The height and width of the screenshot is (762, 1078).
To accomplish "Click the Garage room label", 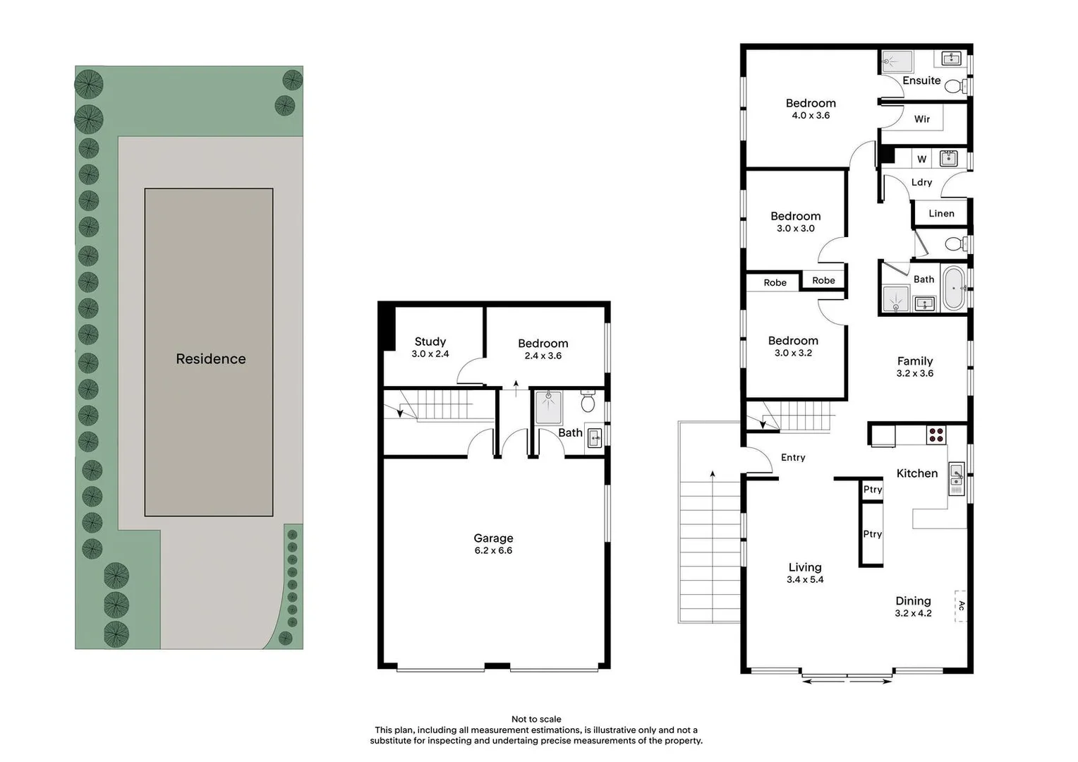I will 493,538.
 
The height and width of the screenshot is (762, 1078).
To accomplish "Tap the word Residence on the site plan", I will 211,359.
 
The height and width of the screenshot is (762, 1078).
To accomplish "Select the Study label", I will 430,341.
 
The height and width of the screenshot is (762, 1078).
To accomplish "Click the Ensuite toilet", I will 953,86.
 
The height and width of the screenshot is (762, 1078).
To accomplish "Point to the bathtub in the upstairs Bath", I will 953,288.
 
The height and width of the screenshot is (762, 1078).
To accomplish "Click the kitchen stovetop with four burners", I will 936,435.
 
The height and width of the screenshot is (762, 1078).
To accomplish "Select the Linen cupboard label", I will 941,213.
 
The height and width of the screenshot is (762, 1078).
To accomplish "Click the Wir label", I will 922,119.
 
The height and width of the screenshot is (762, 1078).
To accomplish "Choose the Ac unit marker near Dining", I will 961,606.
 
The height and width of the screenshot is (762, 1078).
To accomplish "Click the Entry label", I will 793,457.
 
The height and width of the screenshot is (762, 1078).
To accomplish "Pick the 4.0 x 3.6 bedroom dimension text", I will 811,116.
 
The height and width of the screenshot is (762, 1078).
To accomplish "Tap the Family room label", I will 915,361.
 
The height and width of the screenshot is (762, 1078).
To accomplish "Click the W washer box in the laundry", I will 921,159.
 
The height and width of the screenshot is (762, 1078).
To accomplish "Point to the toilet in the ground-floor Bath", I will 588,403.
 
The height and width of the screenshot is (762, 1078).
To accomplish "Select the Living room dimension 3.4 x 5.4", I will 805,580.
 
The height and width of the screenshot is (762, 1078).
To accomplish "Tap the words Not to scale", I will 536,719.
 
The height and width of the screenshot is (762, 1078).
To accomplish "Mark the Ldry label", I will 921,182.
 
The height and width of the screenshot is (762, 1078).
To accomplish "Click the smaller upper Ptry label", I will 873,490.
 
